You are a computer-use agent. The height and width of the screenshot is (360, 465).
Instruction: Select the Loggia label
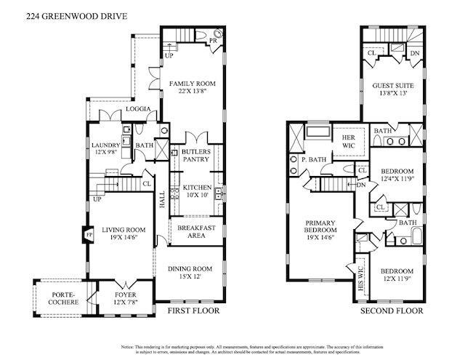tap(138, 109)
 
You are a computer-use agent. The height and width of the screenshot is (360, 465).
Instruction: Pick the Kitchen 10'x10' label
tap(196, 191)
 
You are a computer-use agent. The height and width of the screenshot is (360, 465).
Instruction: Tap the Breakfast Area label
tap(196, 231)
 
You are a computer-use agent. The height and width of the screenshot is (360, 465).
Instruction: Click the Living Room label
tap(124, 233)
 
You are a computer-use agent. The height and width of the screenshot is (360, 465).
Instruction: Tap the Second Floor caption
tap(392, 311)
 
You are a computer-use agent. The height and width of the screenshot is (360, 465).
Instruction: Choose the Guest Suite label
tap(393, 89)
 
